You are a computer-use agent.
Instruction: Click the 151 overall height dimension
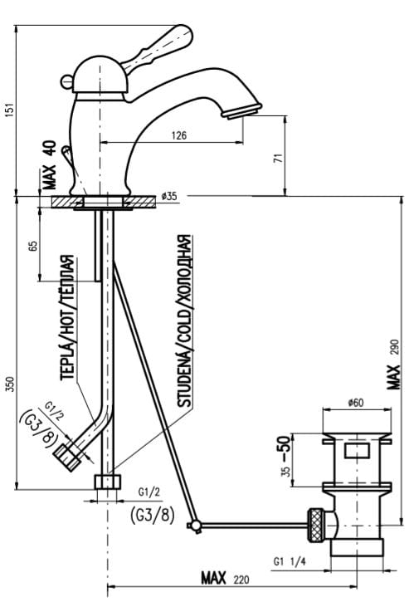(x=11, y=110)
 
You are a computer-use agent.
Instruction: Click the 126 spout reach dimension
(x=179, y=135)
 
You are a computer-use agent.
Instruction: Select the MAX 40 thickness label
(x=50, y=164)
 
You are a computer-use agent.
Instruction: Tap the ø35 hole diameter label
(x=169, y=196)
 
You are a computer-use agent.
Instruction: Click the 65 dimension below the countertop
(x=33, y=246)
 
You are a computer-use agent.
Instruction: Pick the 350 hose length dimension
(x=11, y=384)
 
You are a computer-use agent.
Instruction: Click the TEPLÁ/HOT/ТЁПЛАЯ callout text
(x=67, y=317)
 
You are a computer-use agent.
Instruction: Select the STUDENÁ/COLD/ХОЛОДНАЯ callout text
(x=184, y=321)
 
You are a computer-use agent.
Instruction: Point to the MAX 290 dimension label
(x=393, y=365)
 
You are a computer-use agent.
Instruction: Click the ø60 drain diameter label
(x=356, y=403)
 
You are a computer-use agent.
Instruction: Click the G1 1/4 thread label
(x=290, y=561)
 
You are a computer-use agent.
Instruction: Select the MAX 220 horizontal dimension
(x=225, y=578)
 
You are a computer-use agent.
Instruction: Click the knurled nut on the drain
(x=316, y=526)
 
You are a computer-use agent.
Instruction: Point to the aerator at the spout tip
(x=241, y=111)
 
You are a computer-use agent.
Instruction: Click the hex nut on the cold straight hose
(x=107, y=482)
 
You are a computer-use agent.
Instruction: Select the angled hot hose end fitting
(x=67, y=456)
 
